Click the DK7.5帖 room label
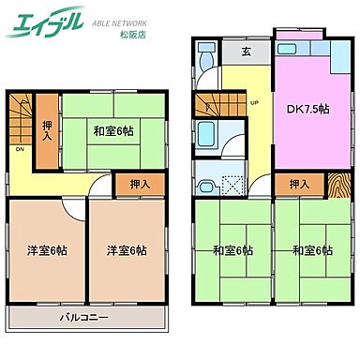307,109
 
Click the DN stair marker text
18,147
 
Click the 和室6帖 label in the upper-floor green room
113,130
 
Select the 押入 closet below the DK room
300,184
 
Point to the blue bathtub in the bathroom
209,137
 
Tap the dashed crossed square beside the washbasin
232,174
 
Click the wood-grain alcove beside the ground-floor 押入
337,184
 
